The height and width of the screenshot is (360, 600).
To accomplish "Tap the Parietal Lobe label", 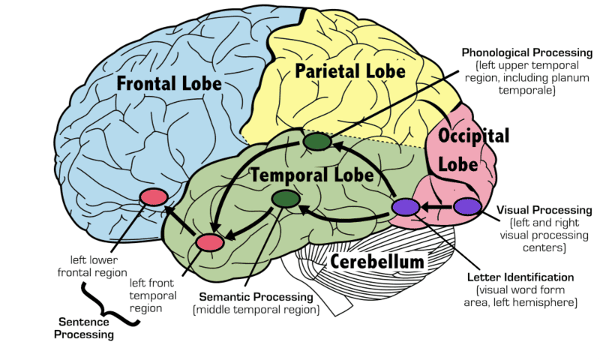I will click(349, 72).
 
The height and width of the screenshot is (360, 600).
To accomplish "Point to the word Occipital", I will click(474, 136).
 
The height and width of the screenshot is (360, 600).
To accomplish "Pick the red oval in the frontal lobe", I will click(153, 197).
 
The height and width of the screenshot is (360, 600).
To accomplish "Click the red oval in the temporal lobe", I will click(210, 242).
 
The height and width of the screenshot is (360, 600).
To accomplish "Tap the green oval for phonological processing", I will click(316, 141).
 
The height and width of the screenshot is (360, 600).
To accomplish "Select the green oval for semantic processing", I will click(285, 199).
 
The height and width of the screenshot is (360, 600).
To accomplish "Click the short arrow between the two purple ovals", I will click(436, 206).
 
